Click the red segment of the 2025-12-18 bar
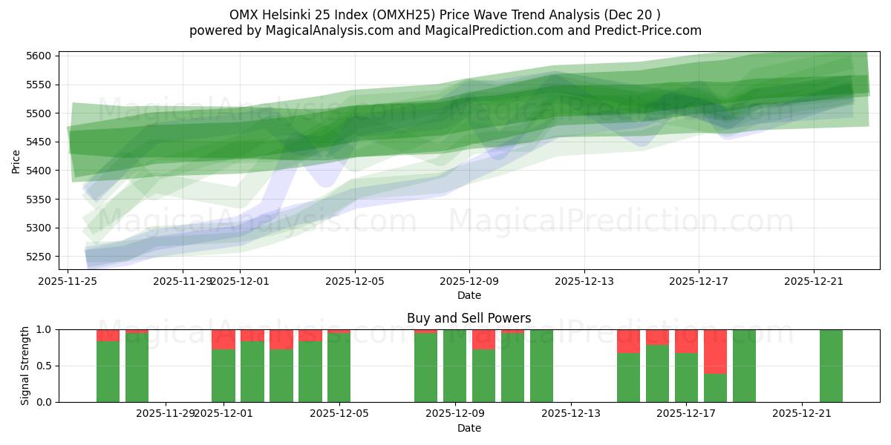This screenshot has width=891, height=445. [715, 352]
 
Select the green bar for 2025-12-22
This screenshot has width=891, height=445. [831, 366]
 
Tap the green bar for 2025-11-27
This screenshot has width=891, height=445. [137, 367]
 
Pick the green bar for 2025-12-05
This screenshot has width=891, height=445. [339, 367]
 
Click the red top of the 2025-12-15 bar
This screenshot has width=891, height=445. [628, 341]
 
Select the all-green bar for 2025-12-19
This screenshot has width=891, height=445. [744, 366]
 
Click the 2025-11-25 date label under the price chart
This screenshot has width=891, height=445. [68, 281]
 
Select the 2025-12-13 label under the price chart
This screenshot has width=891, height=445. [584, 281]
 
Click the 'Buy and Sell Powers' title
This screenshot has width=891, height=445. [469, 318]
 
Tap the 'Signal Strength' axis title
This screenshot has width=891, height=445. [25, 366]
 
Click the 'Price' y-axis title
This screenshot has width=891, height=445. [16, 160]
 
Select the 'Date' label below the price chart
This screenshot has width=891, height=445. [469, 295]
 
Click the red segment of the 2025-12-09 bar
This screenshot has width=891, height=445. [483, 339]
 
